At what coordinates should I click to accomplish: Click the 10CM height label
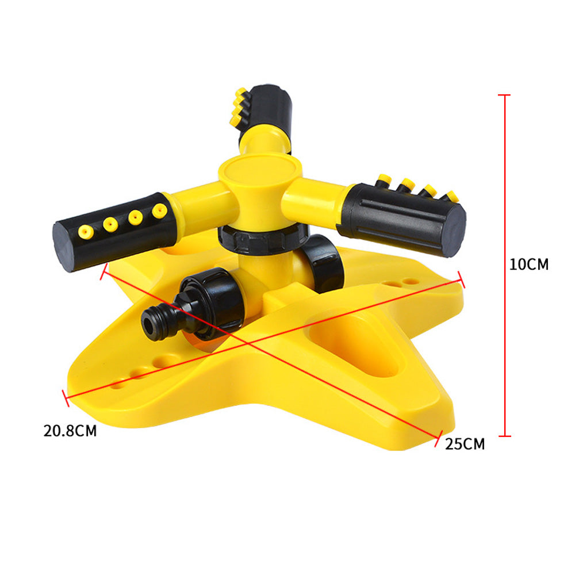pyautogui.click(x=529, y=264)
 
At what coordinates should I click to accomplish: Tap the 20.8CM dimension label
pyautogui.click(x=70, y=431)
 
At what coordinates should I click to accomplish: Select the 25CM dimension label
pyautogui.click(x=465, y=444)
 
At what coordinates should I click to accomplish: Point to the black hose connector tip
pyautogui.click(x=151, y=323)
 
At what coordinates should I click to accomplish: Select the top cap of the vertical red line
pyautogui.click(x=504, y=95)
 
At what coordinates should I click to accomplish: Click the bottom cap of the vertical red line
pyautogui.click(x=504, y=436)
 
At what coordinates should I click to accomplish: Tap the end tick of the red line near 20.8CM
pyautogui.click(x=66, y=397)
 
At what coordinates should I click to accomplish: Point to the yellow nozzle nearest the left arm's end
pyautogui.click(x=85, y=231)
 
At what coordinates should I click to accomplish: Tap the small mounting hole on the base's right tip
pyautogui.click(x=409, y=282)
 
